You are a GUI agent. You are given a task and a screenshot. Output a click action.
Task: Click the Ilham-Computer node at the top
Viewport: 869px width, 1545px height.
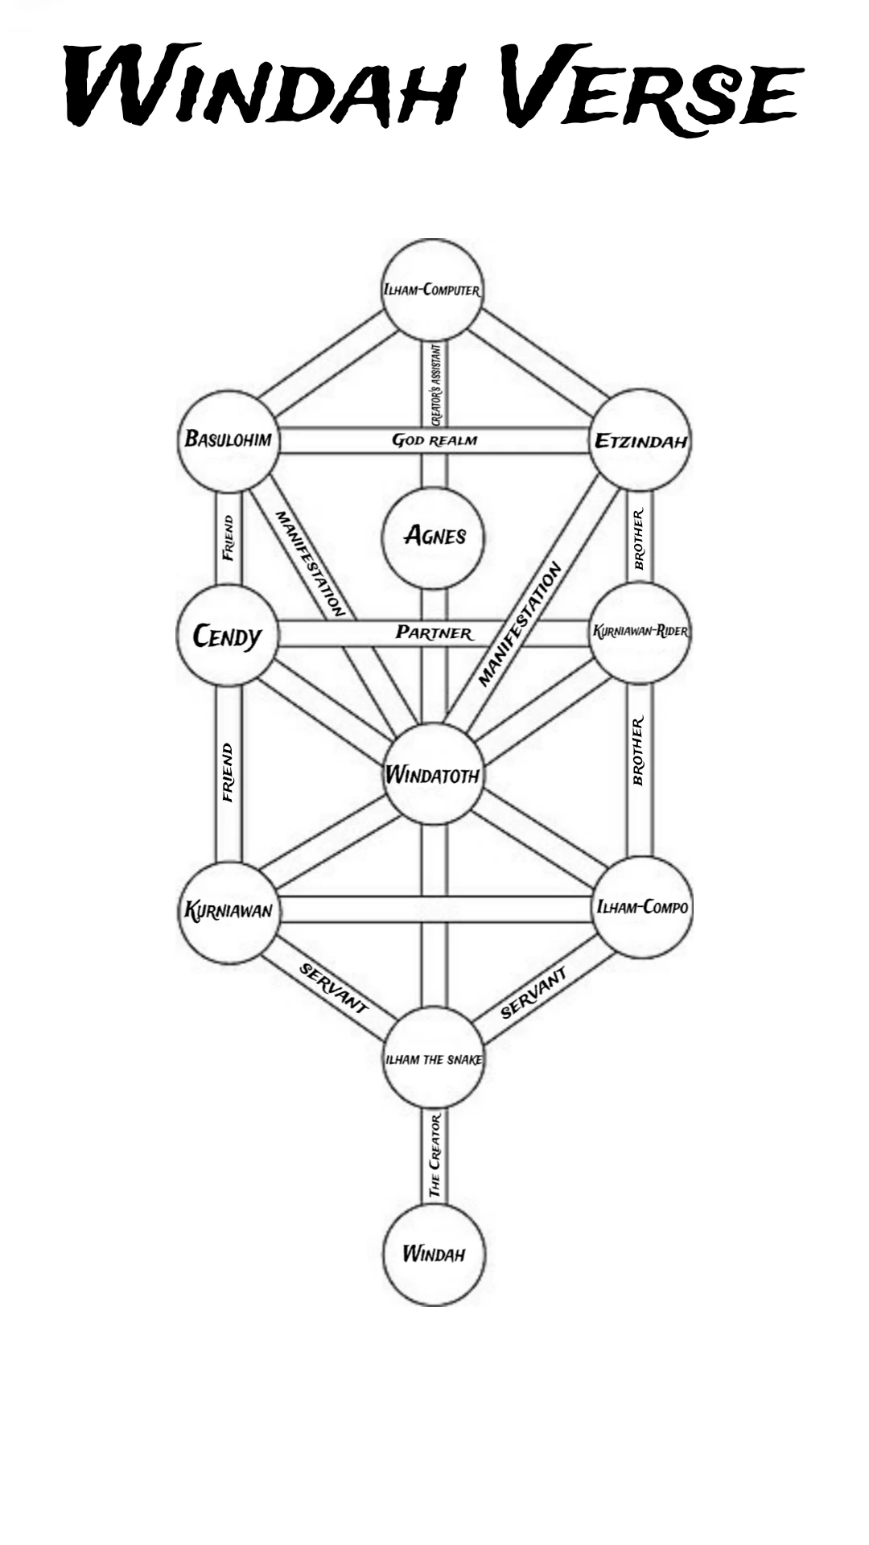(x=432, y=290)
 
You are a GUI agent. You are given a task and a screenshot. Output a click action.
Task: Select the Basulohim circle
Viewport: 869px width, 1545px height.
(x=229, y=440)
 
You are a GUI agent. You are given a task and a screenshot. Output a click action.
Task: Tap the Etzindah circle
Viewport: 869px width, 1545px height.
(x=640, y=440)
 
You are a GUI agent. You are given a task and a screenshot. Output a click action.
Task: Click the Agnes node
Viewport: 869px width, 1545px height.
(x=434, y=537)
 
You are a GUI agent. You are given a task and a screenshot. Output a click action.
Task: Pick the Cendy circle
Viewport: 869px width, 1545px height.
(x=228, y=636)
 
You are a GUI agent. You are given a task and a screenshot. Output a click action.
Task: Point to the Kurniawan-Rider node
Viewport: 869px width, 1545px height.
(x=640, y=632)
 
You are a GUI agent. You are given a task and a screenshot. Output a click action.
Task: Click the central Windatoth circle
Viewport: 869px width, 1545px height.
(x=434, y=775)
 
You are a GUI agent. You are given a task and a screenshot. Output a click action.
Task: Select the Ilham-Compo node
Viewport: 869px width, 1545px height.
(x=642, y=908)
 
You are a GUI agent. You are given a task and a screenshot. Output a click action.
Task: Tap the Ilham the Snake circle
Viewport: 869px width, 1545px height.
(x=434, y=1059)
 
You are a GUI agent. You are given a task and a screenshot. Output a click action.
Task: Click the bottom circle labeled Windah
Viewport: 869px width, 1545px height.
(x=434, y=1254)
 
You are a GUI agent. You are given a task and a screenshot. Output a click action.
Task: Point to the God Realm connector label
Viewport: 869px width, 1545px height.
(x=434, y=441)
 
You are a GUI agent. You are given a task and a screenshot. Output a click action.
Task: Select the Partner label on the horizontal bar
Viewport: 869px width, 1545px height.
(x=434, y=633)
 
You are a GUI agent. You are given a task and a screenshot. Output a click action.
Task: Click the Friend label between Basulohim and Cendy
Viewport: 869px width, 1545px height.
(x=229, y=538)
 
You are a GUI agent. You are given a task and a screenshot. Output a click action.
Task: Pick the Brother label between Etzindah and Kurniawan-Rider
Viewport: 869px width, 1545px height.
(x=639, y=539)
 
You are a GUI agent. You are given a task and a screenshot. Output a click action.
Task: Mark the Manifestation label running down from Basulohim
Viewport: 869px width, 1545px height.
(x=310, y=563)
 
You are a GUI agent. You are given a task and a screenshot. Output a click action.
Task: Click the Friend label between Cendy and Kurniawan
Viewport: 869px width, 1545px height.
(x=229, y=772)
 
